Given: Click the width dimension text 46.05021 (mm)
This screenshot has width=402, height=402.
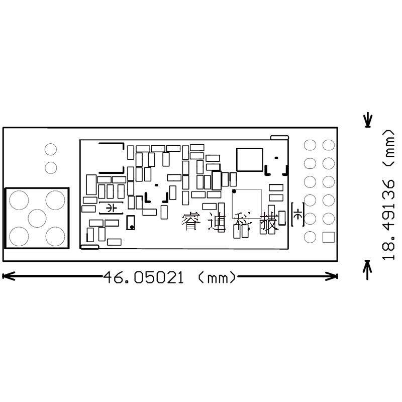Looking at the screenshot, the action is [x=169, y=277].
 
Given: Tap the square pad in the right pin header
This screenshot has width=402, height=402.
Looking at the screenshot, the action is [x=329, y=237].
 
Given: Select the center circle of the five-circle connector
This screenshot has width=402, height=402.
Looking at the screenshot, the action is [x=37, y=218].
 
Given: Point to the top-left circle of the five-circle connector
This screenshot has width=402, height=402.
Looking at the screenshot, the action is [x=19, y=200].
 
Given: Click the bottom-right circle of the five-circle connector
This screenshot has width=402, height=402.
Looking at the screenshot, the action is [x=55, y=236].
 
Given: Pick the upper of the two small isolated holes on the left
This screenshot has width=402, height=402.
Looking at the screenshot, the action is [x=51, y=149].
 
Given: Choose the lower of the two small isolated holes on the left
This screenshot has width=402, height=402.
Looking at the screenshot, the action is [x=51, y=168].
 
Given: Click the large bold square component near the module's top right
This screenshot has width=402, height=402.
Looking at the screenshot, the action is [x=250, y=159].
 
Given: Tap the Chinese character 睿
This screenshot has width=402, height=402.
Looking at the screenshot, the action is [x=191, y=221].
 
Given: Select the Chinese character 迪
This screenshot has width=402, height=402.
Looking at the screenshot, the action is [x=217, y=222].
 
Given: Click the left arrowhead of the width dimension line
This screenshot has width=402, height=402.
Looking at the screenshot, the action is [x=8, y=276].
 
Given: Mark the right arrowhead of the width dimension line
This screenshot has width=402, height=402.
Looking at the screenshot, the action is [x=332, y=276].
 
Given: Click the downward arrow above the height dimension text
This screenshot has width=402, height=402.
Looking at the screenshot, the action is [x=368, y=120].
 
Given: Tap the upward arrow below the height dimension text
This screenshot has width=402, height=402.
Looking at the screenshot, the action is [x=368, y=270].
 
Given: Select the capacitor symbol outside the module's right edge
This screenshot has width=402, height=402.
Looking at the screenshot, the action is [x=297, y=215].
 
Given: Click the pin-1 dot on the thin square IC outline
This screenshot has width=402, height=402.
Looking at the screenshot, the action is [x=234, y=191].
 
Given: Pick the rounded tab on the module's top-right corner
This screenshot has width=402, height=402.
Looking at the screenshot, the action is [x=280, y=138].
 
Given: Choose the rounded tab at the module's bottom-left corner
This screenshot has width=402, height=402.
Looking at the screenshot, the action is [x=90, y=247].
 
